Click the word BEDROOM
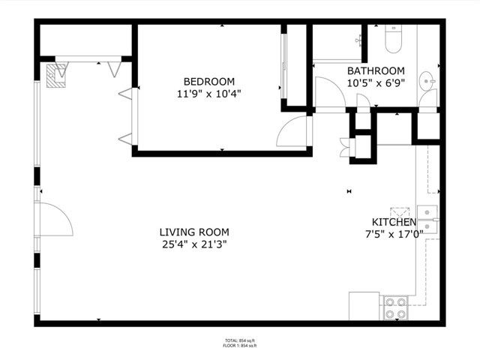(x=209, y=82)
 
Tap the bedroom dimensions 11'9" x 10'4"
(x=209, y=94)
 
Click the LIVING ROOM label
(x=194, y=232)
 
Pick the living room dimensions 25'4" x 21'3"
(x=194, y=244)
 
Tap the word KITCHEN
(x=394, y=223)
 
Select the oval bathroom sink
(x=426, y=79)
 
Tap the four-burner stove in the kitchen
(x=395, y=307)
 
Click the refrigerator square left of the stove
(x=364, y=306)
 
